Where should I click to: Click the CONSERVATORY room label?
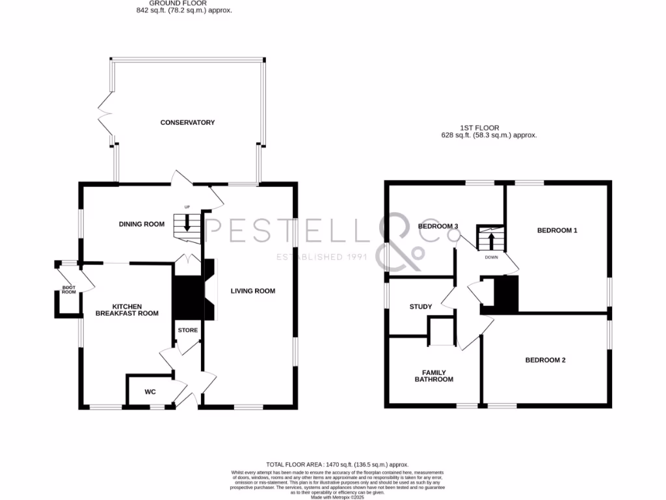coord(187,122)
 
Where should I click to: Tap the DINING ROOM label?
coord(141,224)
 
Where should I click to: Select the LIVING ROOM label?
coord(253,291)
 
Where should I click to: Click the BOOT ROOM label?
coord(69,290)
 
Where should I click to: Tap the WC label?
coord(150,393)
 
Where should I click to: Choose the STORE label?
coord(188,330)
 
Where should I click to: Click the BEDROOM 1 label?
coord(557,230)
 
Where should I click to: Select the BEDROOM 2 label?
coord(546,359)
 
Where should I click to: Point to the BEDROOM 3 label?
coord(438,227)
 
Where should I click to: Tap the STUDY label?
coord(421,307)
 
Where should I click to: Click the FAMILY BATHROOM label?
coord(434,376)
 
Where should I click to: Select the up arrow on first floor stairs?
coord(492,240)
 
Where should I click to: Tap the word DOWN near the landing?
coord(491,257)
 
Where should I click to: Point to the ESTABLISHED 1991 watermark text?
coord(322,257)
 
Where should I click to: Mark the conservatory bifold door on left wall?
coord(105,117)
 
